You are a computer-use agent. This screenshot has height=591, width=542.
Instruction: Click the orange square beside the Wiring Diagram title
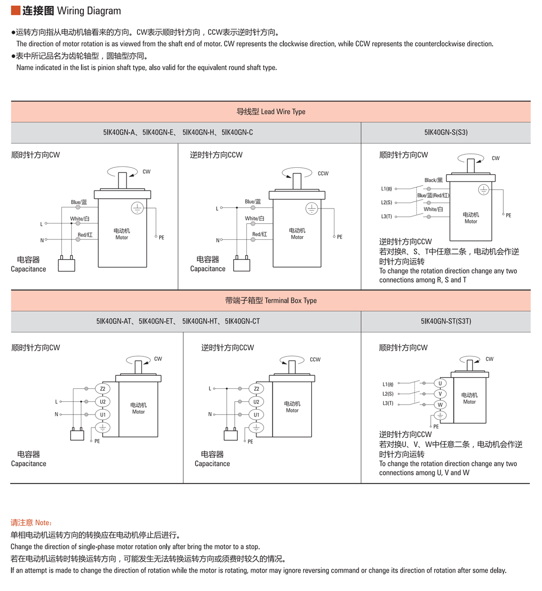[x=15, y=11]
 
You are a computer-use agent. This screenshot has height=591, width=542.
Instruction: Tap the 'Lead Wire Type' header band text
[x=271, y=112]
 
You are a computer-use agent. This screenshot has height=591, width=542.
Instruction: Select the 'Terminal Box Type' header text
[x=271, y=300]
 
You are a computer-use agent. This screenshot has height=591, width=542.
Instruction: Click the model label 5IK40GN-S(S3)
[x=446, y=132]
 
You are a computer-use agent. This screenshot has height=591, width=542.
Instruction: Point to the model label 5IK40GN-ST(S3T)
[x=446, y=321]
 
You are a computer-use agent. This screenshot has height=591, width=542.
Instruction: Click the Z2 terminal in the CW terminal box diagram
[x=103, y=388]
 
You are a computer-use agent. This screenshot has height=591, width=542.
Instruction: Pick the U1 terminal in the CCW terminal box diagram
[x=256, y=414]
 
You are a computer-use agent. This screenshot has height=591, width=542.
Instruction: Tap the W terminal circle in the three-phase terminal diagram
[x=440, y=405]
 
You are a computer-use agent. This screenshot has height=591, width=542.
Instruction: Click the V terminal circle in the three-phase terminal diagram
[x=440, y=394]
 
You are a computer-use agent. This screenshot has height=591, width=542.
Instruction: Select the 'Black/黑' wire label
[x=433, y=180]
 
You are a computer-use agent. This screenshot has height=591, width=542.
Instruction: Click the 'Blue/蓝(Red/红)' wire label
[x=433, y=195]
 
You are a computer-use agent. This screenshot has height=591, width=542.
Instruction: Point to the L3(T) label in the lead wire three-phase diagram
[x=386, y=217]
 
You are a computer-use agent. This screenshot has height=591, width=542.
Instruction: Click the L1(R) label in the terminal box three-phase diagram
[x=388, y=384]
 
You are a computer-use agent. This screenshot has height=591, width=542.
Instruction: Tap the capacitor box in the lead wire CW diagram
[x=66, y=265]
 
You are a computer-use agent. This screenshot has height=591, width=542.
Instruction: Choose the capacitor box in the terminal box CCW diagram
[x=230, y=435]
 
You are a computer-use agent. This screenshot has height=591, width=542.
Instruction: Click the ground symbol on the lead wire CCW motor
[x=312, y=209]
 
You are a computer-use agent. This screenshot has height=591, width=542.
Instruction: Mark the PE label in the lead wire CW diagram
[x=161, y=237]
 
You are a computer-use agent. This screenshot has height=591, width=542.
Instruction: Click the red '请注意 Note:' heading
[x=31, y=523]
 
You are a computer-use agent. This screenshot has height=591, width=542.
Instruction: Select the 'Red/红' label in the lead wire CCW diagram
[x=259, y=235]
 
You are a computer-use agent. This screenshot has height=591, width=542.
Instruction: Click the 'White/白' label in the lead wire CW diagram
[x=80, y=219]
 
